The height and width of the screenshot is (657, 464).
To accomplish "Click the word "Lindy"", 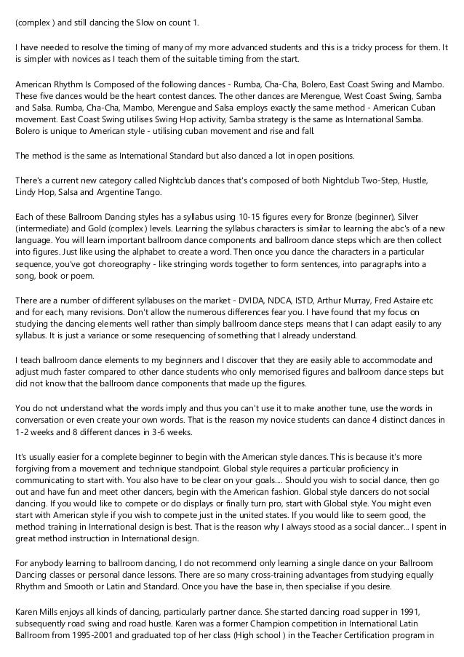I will pyautogui.click(x=26, y=192).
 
